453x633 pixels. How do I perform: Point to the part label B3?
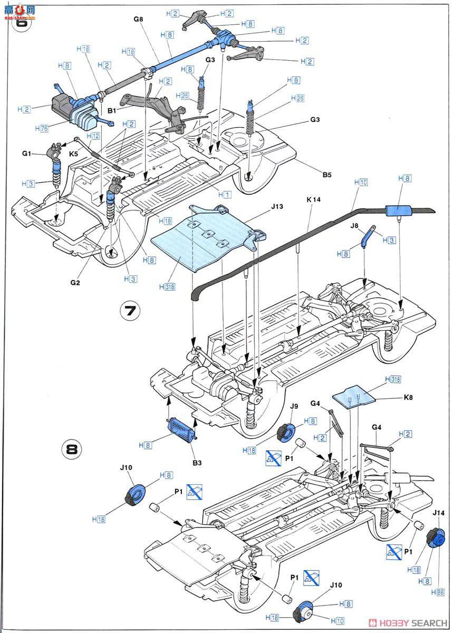click(197, 463)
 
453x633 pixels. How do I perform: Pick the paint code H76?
click(41, 128)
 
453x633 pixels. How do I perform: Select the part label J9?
click(294, 407)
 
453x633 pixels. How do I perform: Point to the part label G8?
click(138, 19)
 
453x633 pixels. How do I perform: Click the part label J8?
click(355, 225)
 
